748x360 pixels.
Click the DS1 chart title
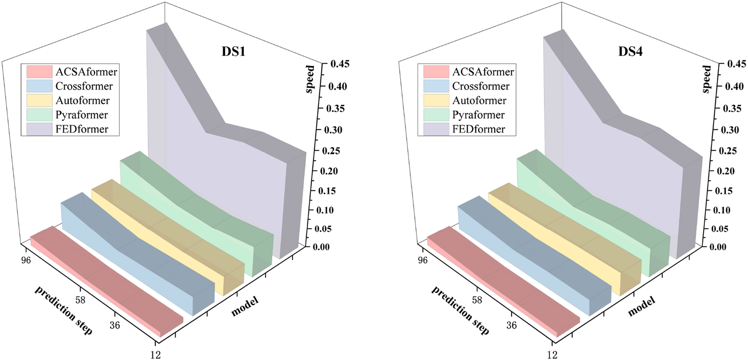pos(233,51)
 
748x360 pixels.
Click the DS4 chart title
pos(630,51)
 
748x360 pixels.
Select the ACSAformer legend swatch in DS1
pos(39,72)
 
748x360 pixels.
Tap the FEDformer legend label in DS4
pos(478,129)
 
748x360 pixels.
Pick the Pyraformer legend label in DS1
pos(81,115)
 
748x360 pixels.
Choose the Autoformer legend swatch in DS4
pos(436,100)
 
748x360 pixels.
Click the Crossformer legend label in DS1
pos(84,86)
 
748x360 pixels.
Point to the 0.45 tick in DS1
pos(339,64)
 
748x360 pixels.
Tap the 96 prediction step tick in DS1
pos(26,260)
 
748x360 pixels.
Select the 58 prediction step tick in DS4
pos(477,300)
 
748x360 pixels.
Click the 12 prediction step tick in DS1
pos(156,355)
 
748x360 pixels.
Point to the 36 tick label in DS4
pos(511,325)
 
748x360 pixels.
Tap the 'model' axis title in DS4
pos(641,306)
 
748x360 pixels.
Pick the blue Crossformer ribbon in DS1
pos(139,257)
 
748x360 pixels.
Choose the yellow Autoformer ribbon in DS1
pos(169,236)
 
